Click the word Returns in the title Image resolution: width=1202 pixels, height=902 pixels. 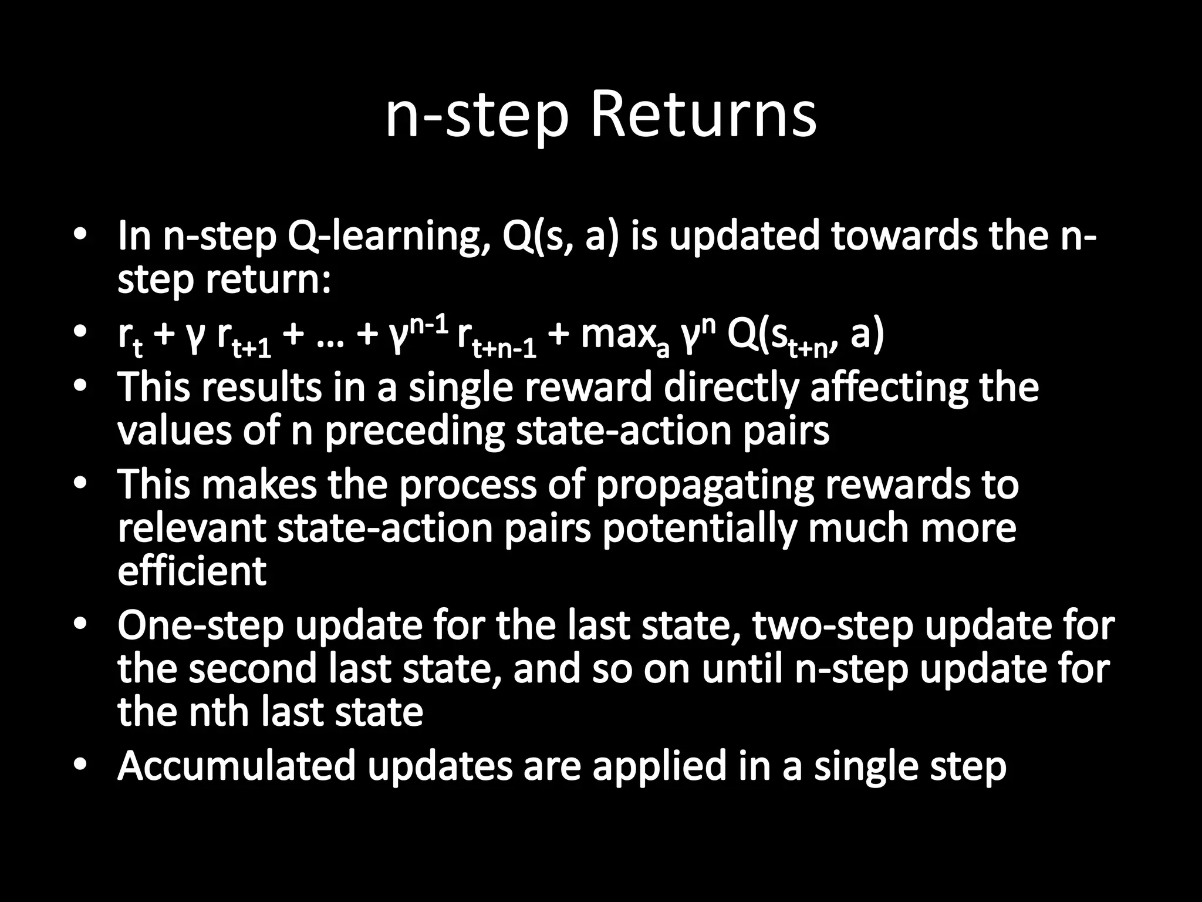tap(703, 115)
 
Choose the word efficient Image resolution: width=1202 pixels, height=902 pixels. tap(192, 571)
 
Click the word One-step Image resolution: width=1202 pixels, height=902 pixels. tap(201, 626)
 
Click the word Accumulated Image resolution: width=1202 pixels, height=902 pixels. tap(237, 766)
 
